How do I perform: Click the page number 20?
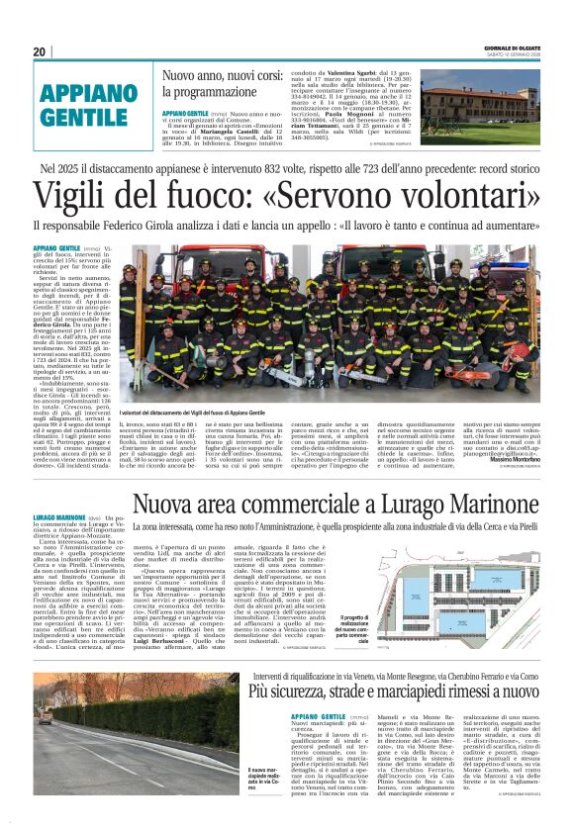pos(40,51)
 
